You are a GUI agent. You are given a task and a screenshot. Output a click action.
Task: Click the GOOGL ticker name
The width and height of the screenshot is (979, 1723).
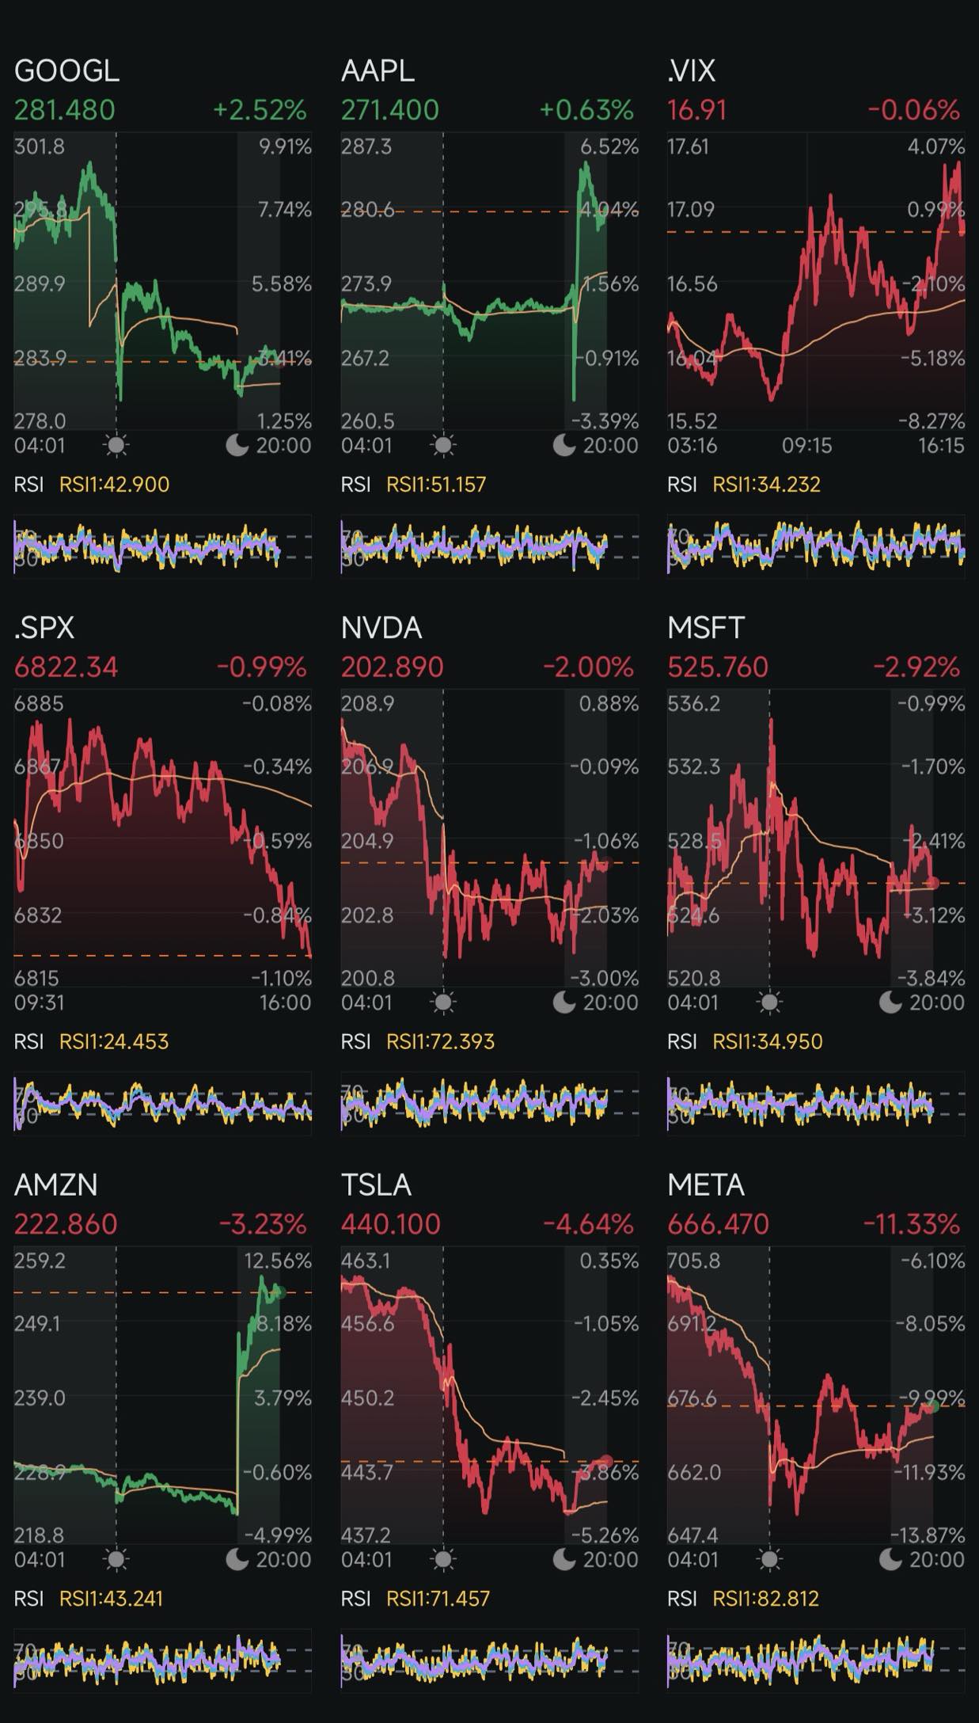pos(66,71)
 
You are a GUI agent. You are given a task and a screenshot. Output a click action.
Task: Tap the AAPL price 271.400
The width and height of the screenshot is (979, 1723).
pos(389,110)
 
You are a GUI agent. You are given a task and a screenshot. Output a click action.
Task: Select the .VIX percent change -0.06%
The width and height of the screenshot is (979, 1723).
pos(913,110)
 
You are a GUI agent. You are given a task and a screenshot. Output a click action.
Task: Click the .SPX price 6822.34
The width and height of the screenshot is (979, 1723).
pos(66,667)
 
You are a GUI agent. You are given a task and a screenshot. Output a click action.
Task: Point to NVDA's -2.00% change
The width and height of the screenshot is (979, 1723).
pos(587,667)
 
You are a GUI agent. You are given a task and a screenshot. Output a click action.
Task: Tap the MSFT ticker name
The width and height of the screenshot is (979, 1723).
pos(706,628)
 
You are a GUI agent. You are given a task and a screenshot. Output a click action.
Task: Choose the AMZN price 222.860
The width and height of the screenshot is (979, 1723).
pos(66,1224)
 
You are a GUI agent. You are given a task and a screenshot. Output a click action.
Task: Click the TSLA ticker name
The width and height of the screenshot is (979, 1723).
pos(376,1185)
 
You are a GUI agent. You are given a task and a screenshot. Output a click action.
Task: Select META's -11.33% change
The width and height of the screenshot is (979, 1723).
pos(911,1224)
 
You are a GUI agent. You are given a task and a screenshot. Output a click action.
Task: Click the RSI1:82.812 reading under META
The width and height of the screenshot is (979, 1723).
pos(765,1599)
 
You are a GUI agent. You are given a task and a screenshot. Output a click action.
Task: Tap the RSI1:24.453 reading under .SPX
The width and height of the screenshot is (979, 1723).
pos(114,1041)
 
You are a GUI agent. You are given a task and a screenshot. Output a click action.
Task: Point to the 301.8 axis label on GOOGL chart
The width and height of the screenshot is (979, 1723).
pos(40,146)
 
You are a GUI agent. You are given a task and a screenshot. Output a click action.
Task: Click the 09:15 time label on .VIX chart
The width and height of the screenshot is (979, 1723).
pos(806,446)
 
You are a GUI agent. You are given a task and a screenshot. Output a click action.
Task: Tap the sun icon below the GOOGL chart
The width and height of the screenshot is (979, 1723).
pos(116,446)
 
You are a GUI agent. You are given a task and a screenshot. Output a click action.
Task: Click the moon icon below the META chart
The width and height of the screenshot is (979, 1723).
pos(890,1560)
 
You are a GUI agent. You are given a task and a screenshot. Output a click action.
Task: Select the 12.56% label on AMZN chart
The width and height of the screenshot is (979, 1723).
pos(278,1261)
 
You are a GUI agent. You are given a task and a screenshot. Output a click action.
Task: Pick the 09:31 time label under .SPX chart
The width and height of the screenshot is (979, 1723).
pos(40,1003)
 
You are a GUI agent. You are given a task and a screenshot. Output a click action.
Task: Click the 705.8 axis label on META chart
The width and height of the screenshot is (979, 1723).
pos(693,1261)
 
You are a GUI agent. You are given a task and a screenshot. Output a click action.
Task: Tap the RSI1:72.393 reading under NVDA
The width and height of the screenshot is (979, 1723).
pos(440,1041)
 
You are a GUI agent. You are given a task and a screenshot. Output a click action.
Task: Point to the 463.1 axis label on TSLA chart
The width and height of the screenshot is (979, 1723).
pos(366,1261)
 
